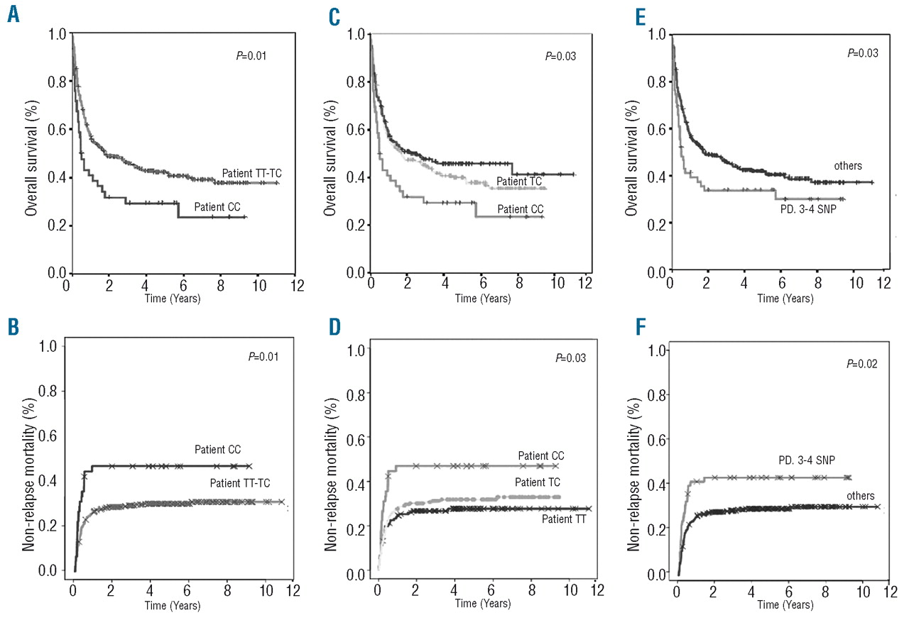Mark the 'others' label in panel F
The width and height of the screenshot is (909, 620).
point(860,495)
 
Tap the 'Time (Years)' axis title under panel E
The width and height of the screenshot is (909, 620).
point(785,300)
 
